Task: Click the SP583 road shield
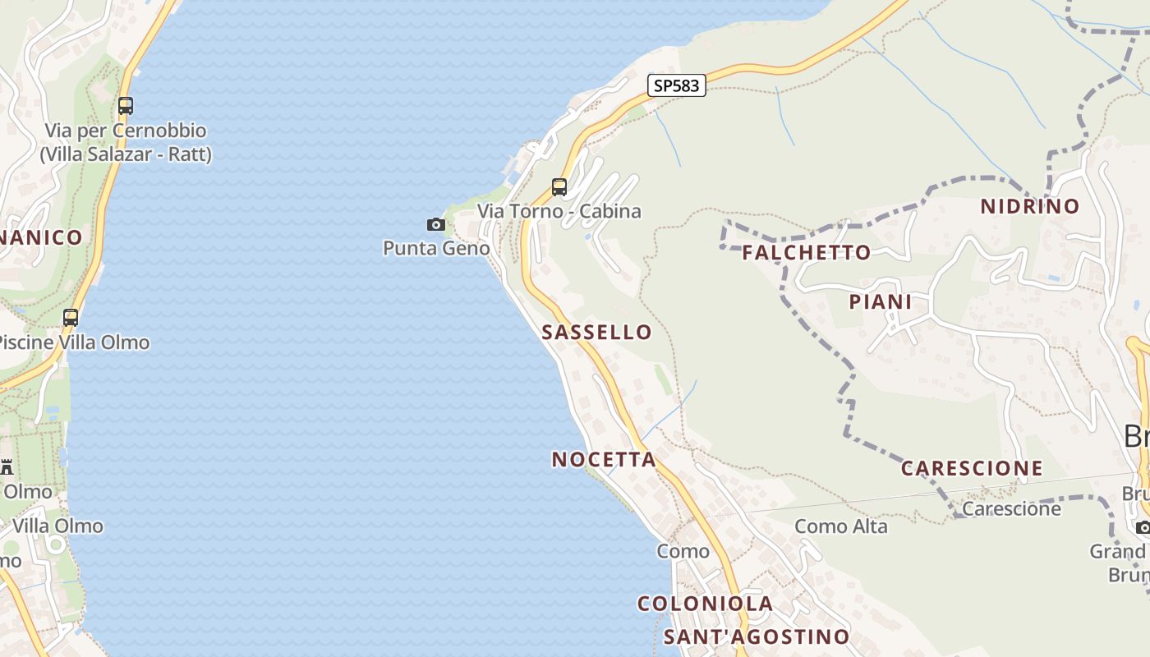click(676, 85)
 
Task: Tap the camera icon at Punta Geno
click(436, 224)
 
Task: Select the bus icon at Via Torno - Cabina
click(559, 187)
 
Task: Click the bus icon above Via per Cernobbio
click(126, 106)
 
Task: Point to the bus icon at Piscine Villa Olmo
click(71, 318)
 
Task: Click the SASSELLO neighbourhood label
click(597, 333)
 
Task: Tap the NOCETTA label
click(604, 460)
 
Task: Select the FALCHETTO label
click(807, 253)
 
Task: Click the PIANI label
click(881, 302)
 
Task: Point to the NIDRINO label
click(1030, 207)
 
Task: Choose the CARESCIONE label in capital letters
click(972, 469)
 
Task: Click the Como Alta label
click(841, 526)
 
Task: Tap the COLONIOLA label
click(705, 604)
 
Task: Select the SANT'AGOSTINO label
click(756, 637)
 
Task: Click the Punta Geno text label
click(436, 248)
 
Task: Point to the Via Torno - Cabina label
click(559, 211)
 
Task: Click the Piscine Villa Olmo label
click(74, 342)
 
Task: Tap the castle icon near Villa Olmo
click(7, 467)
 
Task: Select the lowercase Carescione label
click(1011, 509)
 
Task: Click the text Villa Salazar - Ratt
click(126, 154)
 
